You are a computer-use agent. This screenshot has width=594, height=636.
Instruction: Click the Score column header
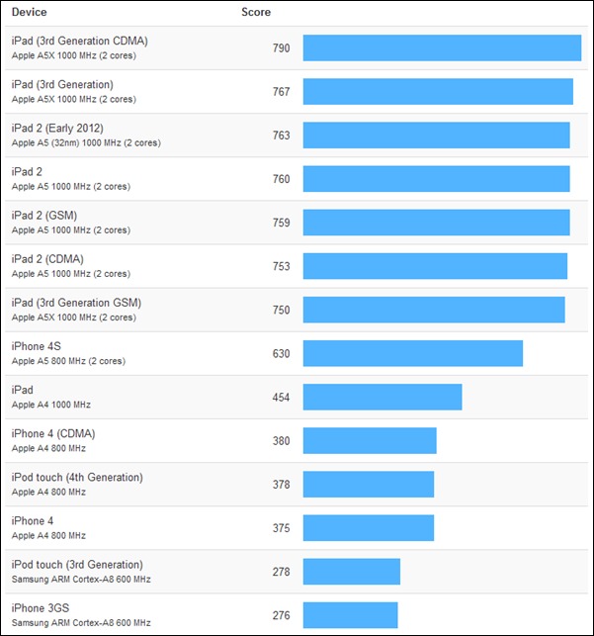point(256,13)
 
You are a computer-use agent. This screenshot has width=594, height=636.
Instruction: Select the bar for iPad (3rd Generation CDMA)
point(442,47)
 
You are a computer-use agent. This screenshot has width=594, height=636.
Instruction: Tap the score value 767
point(281,92)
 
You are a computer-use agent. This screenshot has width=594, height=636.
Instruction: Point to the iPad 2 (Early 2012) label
point(57,129)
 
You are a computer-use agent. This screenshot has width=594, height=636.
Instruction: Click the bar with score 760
point(436,179)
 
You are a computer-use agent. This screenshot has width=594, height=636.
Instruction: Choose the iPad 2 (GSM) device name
point(44,216)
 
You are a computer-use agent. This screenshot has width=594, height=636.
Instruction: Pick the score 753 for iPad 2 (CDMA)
point(281,266)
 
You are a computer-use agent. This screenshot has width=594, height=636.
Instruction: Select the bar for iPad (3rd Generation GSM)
point(434,310)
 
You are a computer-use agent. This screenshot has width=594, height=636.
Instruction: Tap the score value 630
point(281,353)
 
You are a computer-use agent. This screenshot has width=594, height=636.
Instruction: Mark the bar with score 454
point(382,397)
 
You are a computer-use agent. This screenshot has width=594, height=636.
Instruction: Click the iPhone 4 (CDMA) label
point(53,433)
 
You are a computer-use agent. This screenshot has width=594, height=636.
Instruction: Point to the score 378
point(281,485)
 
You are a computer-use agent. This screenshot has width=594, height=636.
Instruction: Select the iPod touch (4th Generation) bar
point(369,485)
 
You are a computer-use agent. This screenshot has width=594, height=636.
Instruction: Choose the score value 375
point(281,528)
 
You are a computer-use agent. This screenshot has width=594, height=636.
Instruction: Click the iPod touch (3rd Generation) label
point(77,565)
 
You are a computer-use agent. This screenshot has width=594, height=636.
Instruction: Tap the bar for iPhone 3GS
point(350,615)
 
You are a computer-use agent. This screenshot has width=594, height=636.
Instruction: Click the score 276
point(281,615)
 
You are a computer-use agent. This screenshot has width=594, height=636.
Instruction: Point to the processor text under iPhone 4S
point(68,361)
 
